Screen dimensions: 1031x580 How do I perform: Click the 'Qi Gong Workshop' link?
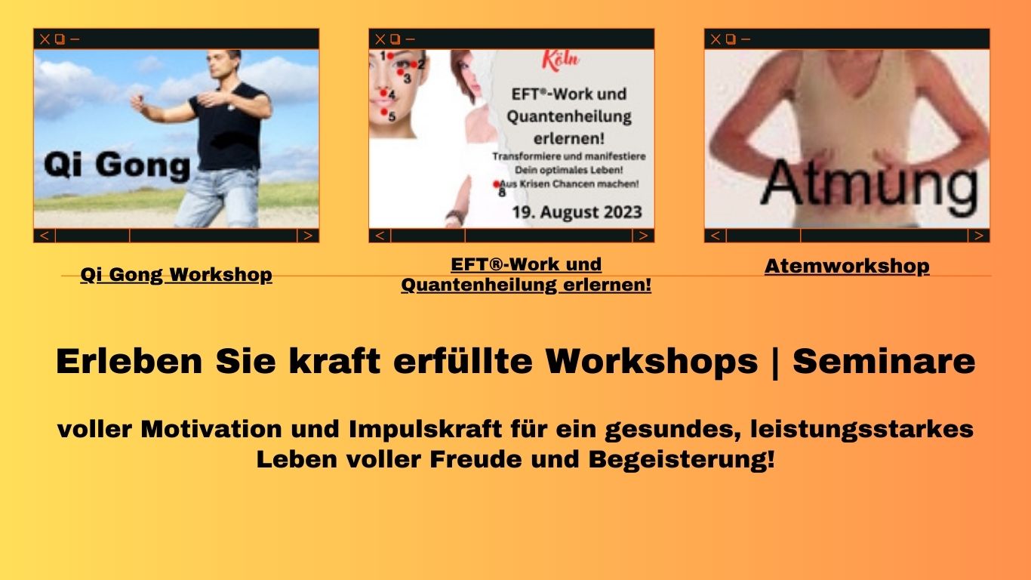pyautogui.click(x=177, y=275)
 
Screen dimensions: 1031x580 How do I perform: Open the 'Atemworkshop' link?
pyautogui.click(x=847, y=267)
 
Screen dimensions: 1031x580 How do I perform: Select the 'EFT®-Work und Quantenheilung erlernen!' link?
pyautogui.click(x=526, y=275)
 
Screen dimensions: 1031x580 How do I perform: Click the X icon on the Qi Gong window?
pyautogui.click(x=45, y=39)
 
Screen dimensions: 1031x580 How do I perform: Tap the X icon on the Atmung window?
pyautogui.click(x=716, y=39)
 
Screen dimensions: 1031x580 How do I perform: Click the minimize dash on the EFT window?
pyautogui.click(x=410, y=39)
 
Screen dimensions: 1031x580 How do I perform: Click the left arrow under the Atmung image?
pyautogui.click(x=715, y=236)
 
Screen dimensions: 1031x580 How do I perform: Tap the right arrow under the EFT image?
pyautogui.click(x=644, y=236)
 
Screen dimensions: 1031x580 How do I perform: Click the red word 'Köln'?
pyautogui.click(x=560, y=60)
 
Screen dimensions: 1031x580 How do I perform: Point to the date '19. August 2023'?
pyautogui.click(x=577, y=212)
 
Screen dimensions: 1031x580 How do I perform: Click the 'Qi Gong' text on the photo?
pyautogui.click(x=117, y=165)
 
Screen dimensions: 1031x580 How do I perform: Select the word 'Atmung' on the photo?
pyautogui.click(x=869, y=183)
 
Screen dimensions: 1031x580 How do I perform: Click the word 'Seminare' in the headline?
pyautogui.click(x=884, y=361)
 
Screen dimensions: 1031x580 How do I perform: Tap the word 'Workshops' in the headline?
pyautogui.click(x=652, y=361)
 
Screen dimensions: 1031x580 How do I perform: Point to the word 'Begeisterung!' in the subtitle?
pyautogui.click(x=682, y=460)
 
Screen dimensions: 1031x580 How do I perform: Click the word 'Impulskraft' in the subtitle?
pyautogui.click(x=425, y=430)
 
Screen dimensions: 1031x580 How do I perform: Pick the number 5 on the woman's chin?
pyautogui.click(x=392, y=116)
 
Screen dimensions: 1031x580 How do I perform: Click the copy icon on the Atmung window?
pyautogui.click(x=731, y=39)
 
